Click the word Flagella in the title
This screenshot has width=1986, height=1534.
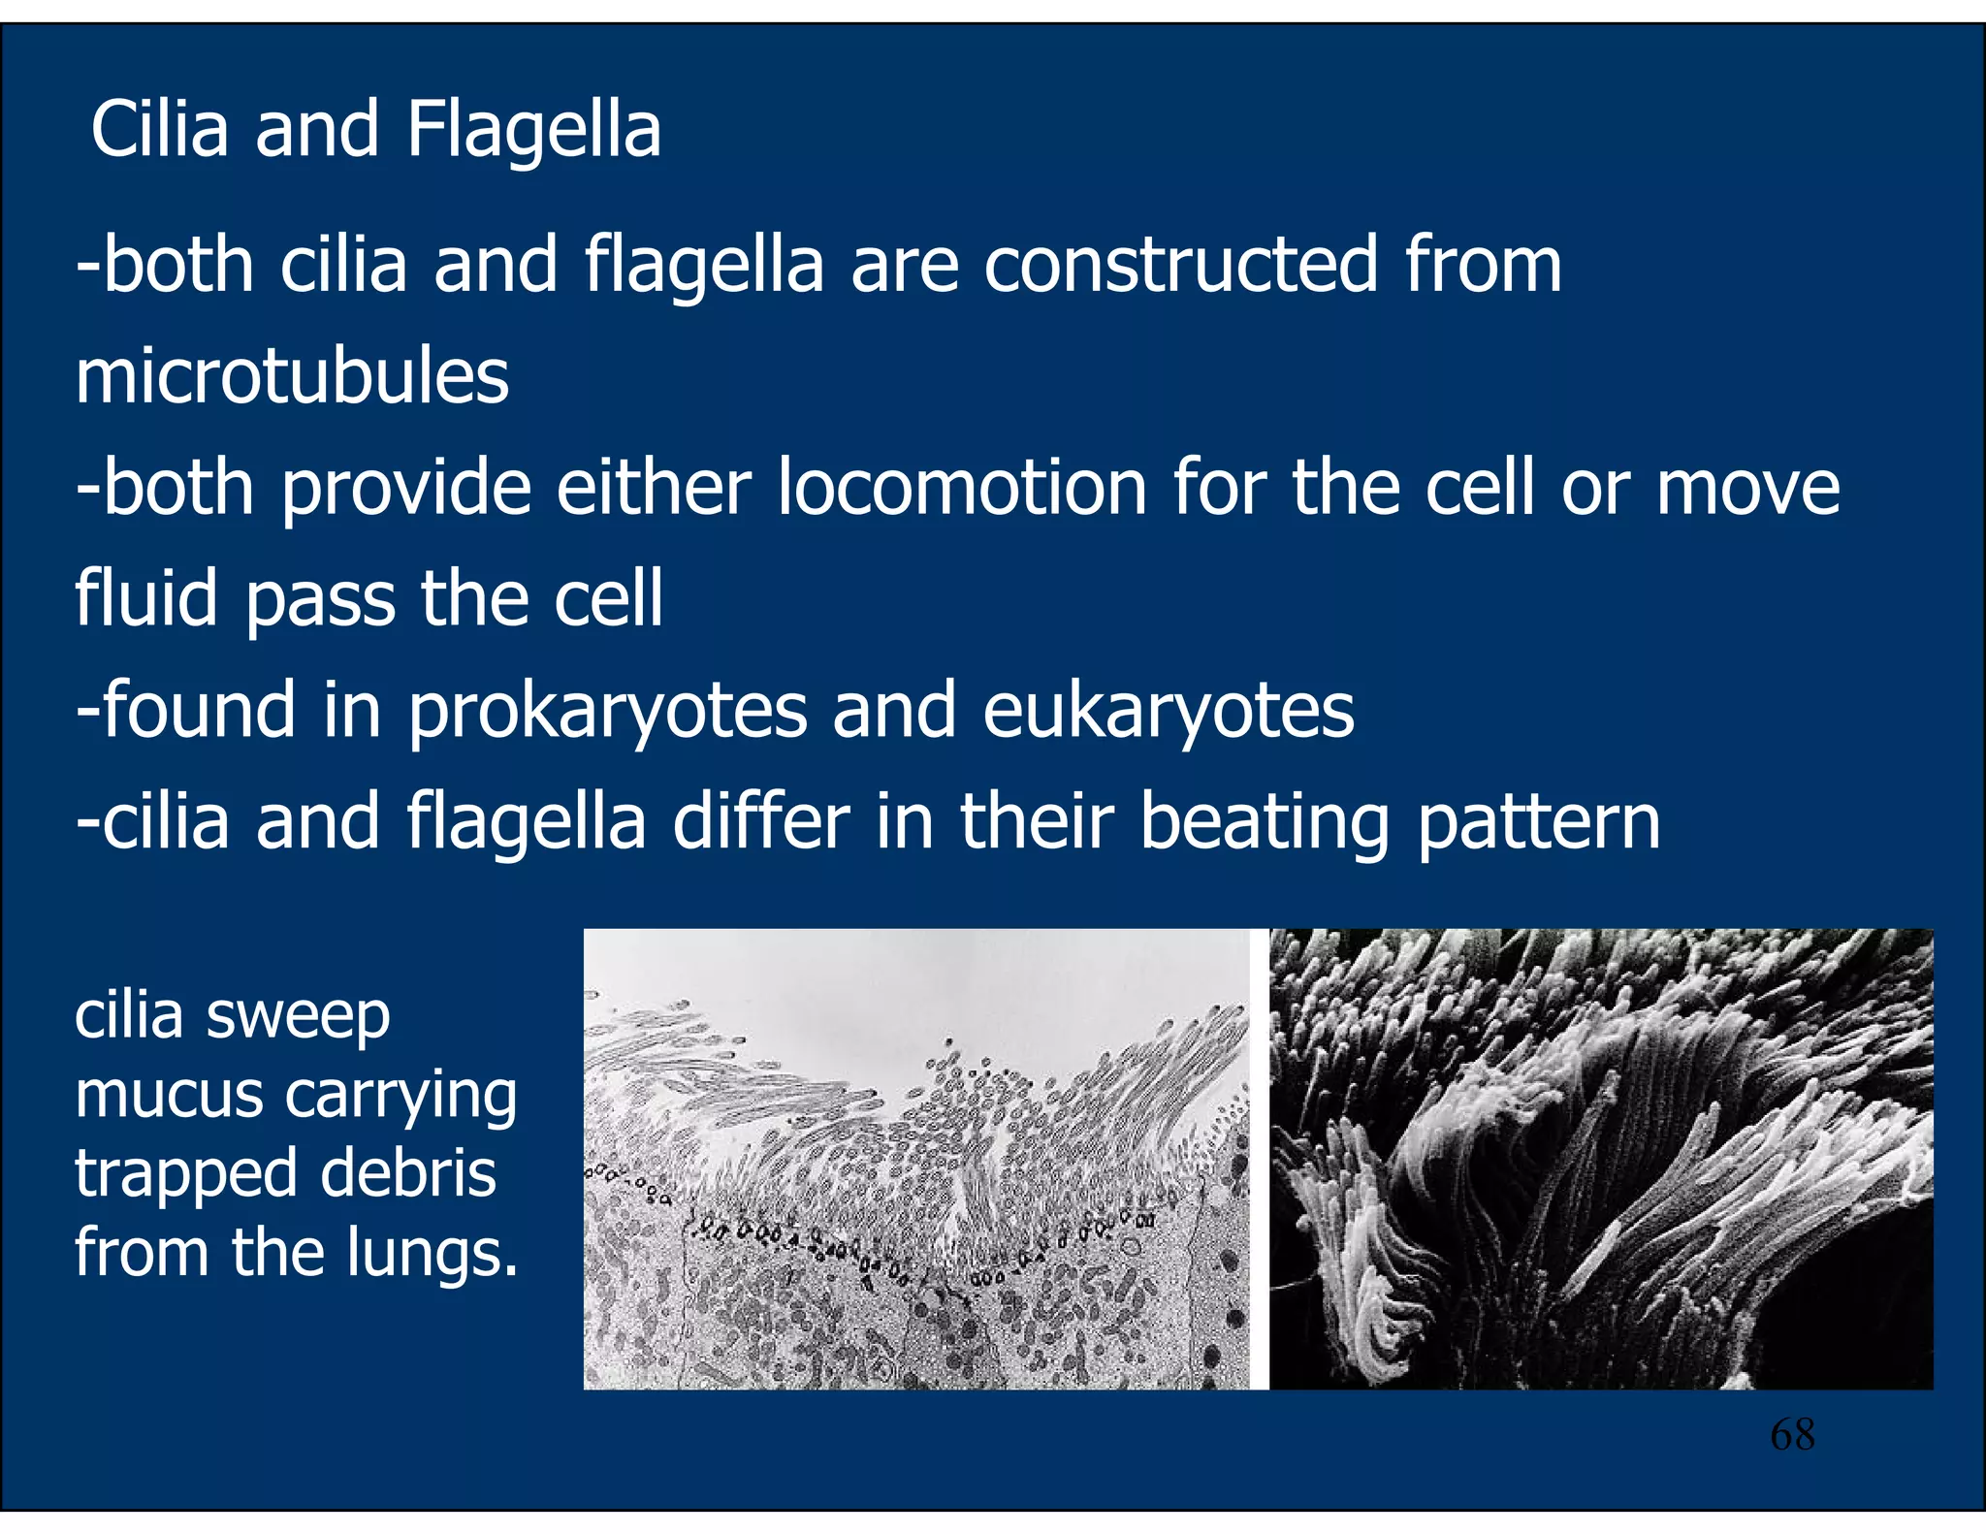(533, 130)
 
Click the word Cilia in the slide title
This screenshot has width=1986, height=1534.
(160, 130)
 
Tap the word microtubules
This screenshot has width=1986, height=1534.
(292, 377)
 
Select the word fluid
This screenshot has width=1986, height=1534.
(146, 599)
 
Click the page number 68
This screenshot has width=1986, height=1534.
(1792, 1435)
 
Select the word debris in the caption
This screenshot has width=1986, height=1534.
(407, 1174)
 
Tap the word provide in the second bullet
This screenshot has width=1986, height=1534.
(405, 490)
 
